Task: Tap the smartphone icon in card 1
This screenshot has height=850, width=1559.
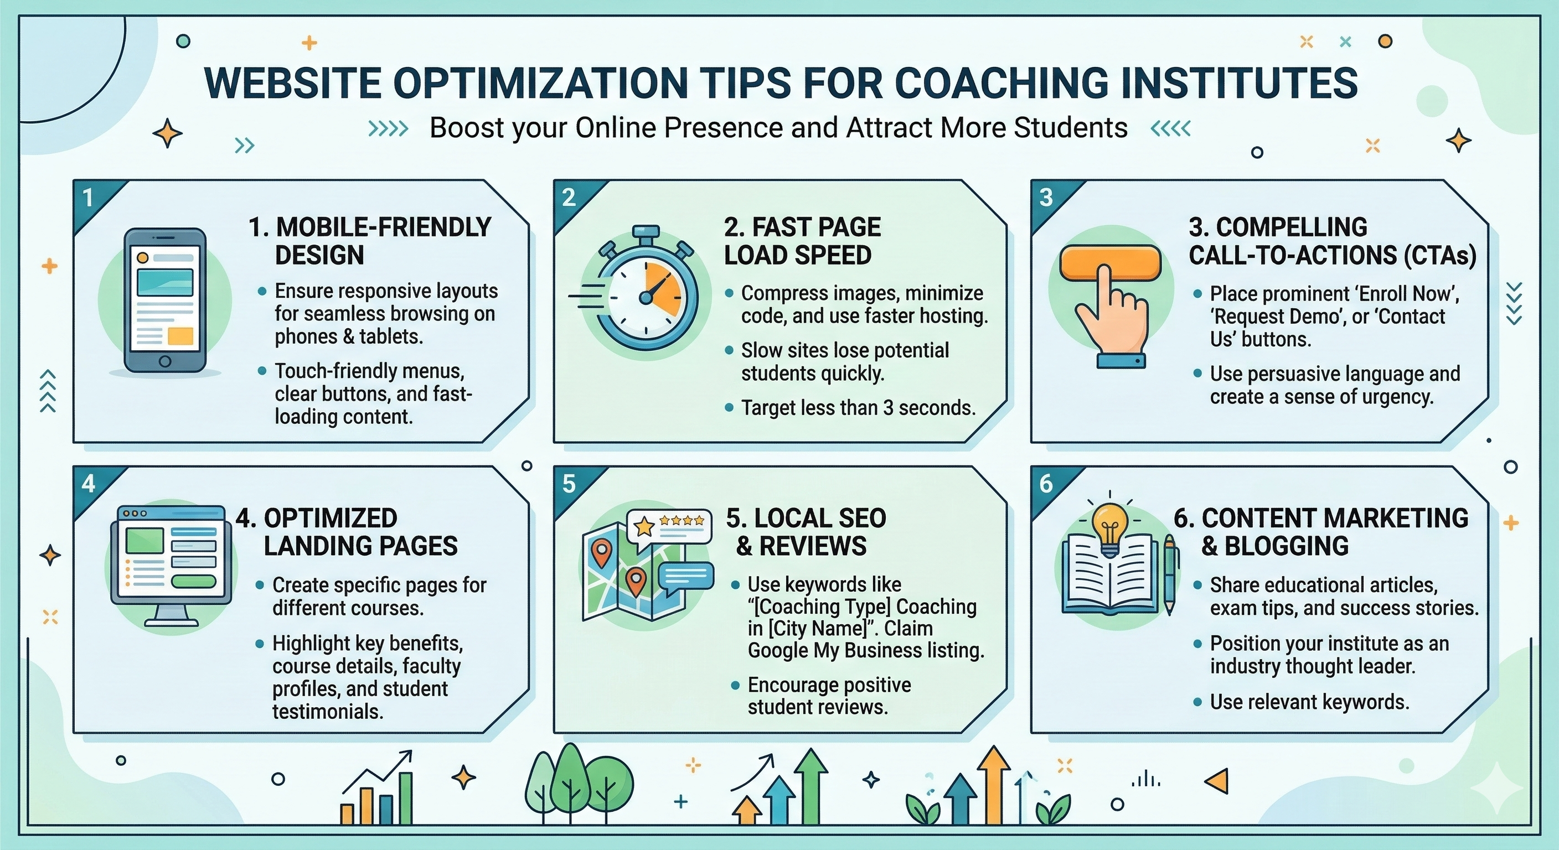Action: coord(164,300)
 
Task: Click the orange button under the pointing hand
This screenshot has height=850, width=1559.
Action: coord(1110,262)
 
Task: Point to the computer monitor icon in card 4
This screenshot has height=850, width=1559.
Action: coord(171,563)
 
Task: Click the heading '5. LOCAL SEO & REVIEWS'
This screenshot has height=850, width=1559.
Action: coord(806,532)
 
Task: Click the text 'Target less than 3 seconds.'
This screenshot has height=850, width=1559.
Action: coord(858,408)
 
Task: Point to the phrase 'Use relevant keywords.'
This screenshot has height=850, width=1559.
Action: coord(1309,702)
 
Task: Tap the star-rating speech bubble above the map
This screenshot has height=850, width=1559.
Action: coord(669,526)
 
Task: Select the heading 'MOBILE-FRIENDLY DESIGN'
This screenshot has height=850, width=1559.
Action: coord(370,241)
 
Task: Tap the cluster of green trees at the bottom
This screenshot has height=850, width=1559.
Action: coord(578,784)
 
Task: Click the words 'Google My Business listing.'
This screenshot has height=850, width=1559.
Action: coord(865,651)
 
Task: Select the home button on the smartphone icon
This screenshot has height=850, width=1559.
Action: coord(164,362)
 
